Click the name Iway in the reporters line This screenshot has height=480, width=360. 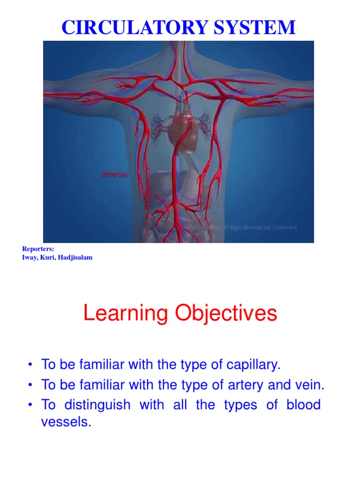point(30,258)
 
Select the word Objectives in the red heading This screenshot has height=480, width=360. point(225,313)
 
